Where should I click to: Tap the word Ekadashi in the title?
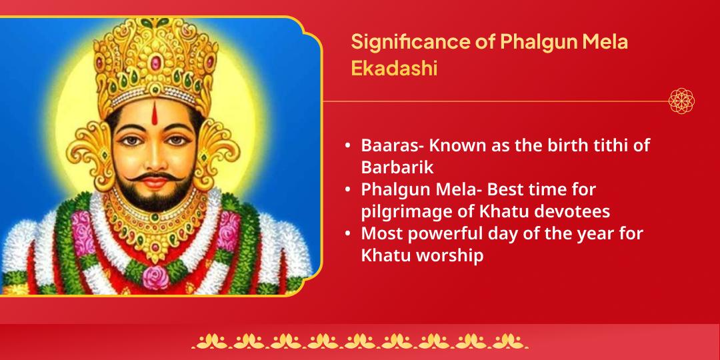(x=394, y=69)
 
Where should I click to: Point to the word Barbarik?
(x=397, y=167)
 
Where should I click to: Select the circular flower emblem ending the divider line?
(x=681, y=101)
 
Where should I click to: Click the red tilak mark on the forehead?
(x=155, y=113)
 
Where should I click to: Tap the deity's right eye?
(x=132, y=141)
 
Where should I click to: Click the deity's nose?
(x=154, y=159)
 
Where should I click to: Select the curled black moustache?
(x=154, y=177)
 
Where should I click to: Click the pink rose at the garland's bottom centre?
(x=155, y=277)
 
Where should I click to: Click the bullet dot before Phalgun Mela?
(x=348, y=189)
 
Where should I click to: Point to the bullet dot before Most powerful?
(x=348, y=234)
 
